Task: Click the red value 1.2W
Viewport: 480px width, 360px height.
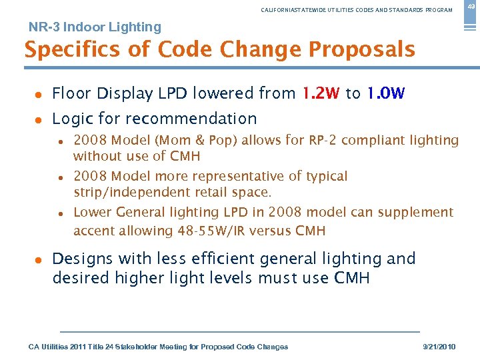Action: pyautogui.click(x=321, y=93)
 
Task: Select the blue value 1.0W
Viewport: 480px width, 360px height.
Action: pyautogui.click(x=385, y=93)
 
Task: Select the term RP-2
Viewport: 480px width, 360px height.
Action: pyautogui.click(x=323, y=140)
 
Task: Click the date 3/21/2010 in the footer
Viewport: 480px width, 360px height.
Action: pyautogui.click(x=439, y=347)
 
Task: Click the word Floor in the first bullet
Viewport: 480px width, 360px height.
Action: pyautogui.click(x=70, y=93)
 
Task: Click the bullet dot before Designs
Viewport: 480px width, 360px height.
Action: pyautogui.click(x=39, y=259)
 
